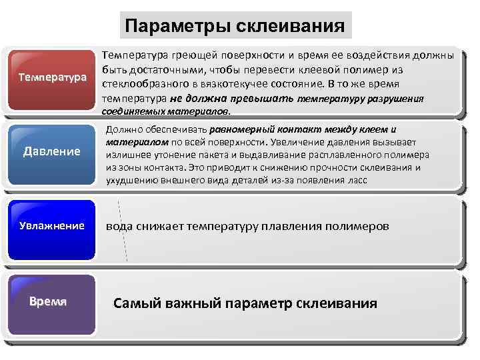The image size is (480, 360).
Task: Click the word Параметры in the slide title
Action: pyautogui.click(x=175, y=27)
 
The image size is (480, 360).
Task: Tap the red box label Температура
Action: pyautogui.click(x=53, y=77)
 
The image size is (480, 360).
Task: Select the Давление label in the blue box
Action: pyautogui.click(x=52, y=151)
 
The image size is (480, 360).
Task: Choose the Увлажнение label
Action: pyautogui.click(x=51, y=225)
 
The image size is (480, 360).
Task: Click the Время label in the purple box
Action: pyautogui.click(x=48, y=301)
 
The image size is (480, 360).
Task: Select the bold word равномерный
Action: pyautogui.click(x=240, y=130)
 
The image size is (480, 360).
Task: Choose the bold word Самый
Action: pyautogui.click(x=133, y=303)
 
